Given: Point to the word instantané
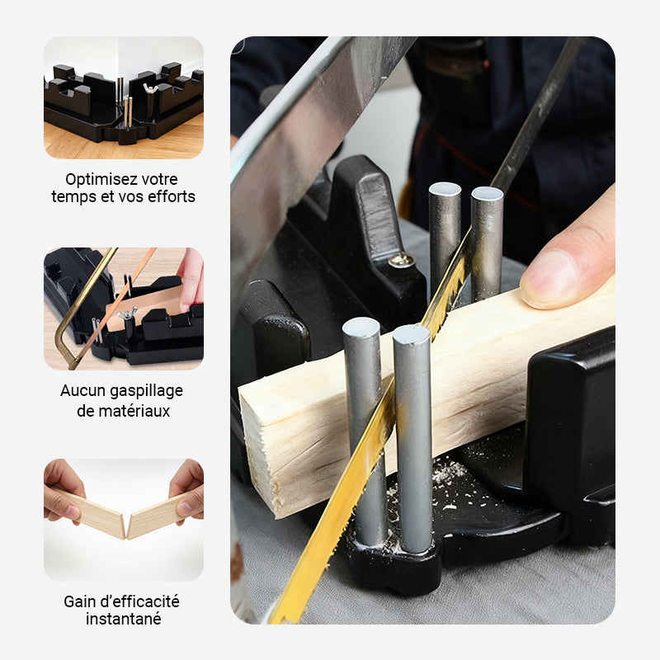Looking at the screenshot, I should (x=123, y=619).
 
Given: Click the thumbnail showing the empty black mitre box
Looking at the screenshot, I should (x=124, y=97).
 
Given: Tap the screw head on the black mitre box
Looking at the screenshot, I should (x=402, y=262).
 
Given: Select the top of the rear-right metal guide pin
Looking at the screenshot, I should (x=487, y=195).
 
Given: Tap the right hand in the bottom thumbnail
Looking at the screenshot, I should (x=188, y=488).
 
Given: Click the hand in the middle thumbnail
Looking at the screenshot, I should (x=191, y=276).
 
